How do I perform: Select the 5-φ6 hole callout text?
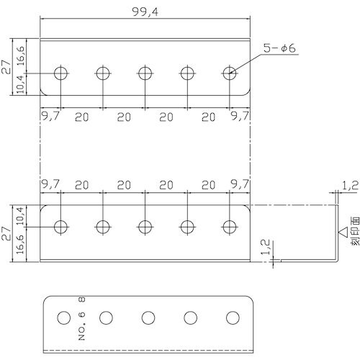(x=279, y=49)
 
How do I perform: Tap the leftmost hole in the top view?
(x=60, y=73)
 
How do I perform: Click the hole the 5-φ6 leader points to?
(x=230, y=73)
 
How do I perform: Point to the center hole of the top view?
(x=145, y=73)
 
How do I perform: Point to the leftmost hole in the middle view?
(x=60, y=227)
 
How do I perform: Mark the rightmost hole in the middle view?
(x=230, y=227)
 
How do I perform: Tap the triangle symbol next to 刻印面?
(x=343, y=233)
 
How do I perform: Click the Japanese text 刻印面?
(x=355, y=232)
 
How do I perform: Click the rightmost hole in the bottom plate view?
(x=233, y=318)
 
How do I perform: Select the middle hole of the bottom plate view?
(x=148, y=318)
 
